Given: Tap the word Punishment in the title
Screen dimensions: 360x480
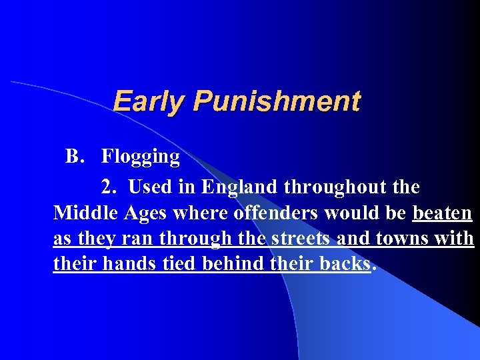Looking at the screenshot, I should [277, 102].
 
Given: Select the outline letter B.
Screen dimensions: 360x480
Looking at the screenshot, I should [73, 157].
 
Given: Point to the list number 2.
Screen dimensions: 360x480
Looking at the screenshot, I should [108, 187].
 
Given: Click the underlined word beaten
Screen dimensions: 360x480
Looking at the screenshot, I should [443, 213].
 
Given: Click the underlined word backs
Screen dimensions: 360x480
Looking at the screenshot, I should [342, 263].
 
